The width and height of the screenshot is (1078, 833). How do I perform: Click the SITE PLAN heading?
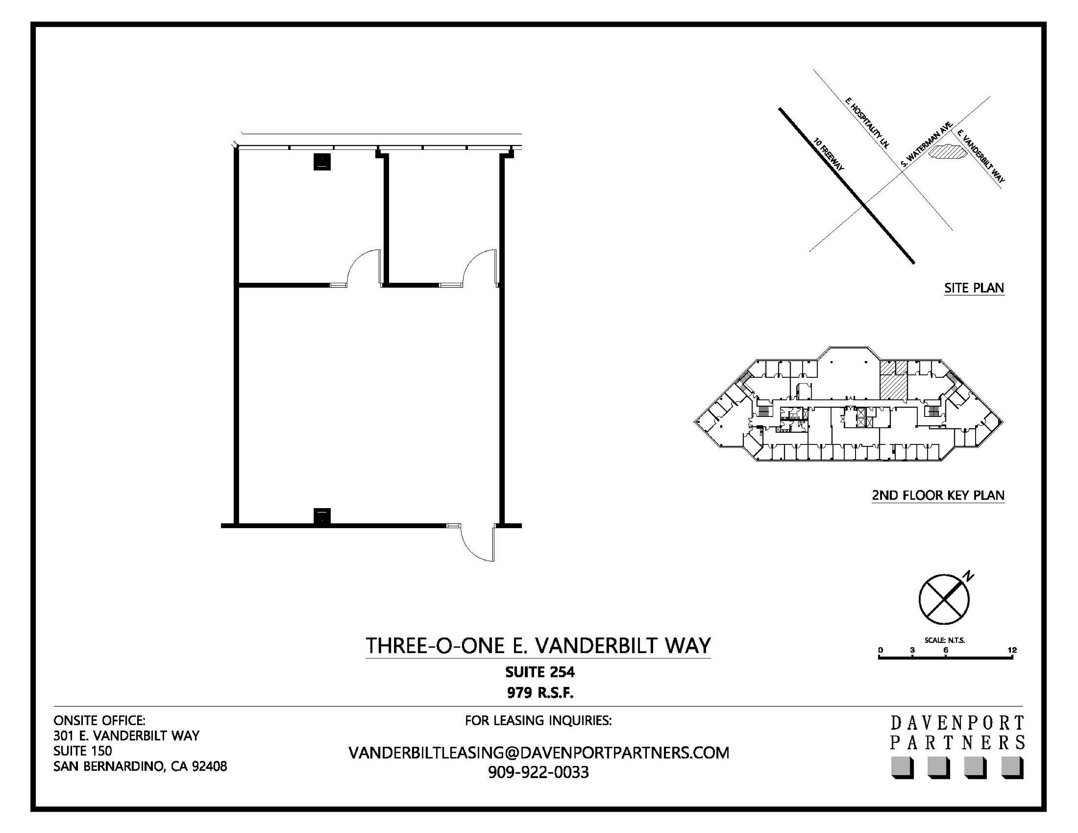(x=974, y=288)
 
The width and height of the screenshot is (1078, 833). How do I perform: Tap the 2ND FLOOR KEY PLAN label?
(x=938, y=495)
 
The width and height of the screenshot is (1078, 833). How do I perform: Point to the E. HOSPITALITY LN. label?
(x=867, y=123)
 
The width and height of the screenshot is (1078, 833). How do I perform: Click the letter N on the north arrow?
(x=969, y=576)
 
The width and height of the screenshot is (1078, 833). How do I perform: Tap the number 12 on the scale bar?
(x=1012, y=650)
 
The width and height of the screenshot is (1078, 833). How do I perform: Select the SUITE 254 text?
(x=540, y=672)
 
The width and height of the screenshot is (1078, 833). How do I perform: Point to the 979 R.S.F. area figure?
(x=540, y=693)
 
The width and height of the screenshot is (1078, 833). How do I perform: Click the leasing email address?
(x=539, y=753)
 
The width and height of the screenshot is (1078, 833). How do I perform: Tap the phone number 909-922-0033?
(x=539, y=772)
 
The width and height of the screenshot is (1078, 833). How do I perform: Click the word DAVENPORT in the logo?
(x=957, y=723)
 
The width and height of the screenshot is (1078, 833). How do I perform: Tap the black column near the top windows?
(x=322, y=162)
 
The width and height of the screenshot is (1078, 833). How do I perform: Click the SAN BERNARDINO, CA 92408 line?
(x=140, y=766)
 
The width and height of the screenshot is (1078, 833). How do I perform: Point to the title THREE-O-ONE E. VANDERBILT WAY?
(x=538, y=646)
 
